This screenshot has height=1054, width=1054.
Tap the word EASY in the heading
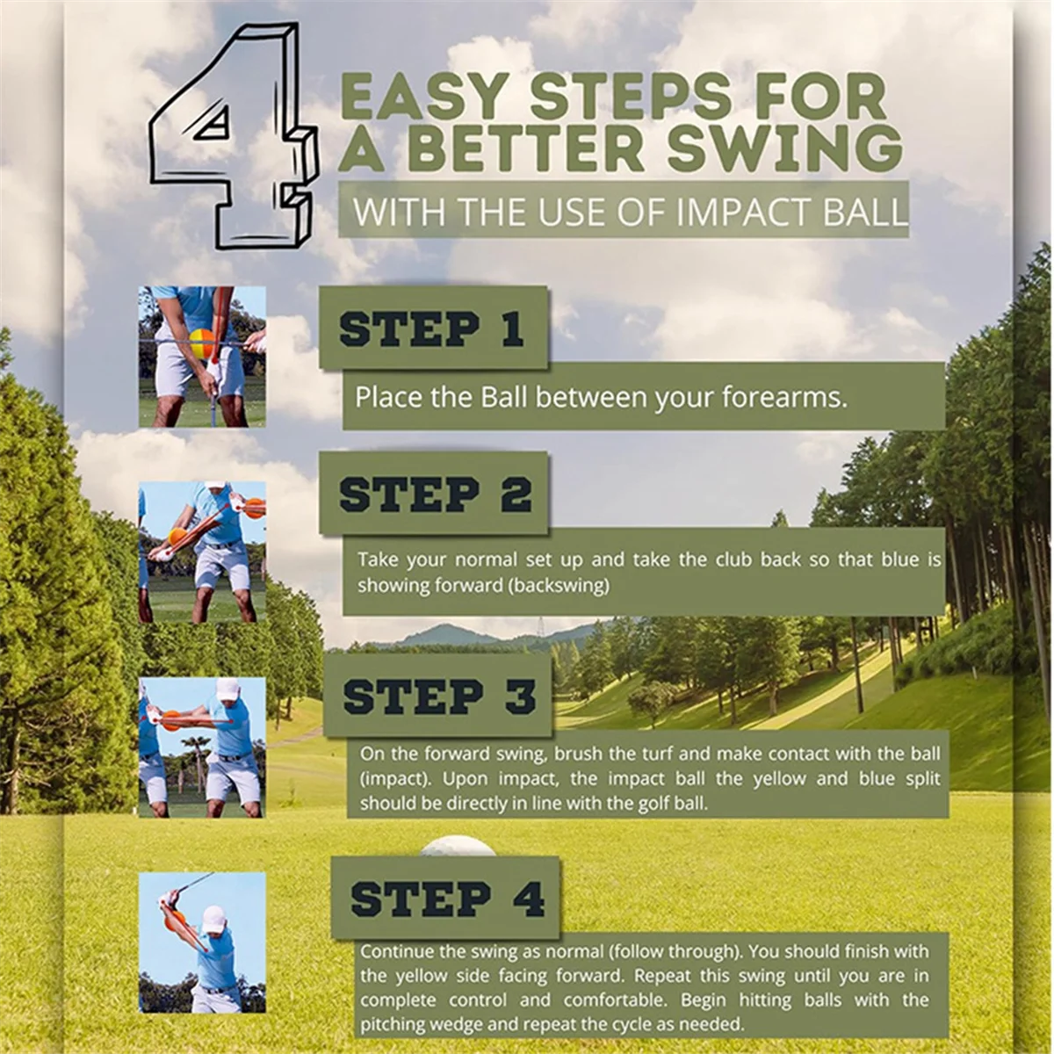422,97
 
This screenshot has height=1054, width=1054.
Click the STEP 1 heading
431,329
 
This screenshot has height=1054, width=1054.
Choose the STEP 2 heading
436,495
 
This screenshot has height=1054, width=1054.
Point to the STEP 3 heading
439,697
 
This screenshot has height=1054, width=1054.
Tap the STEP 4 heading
447,899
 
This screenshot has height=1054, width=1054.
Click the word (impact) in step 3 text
395,779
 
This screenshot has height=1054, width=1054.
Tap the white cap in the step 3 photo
228,689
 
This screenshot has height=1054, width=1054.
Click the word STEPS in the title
630,97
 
